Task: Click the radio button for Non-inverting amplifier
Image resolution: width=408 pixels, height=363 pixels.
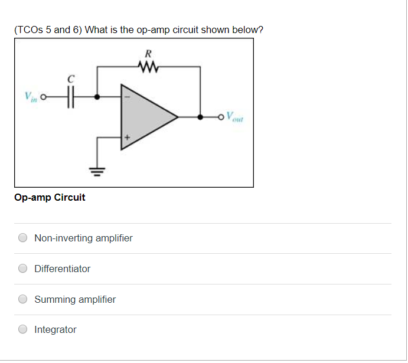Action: pyautogui.click(x=22, y=238)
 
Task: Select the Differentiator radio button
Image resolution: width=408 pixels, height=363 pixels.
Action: pyautogui.click(x=22, y=269)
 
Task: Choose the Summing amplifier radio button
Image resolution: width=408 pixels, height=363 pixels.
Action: pyautogui.click(x=22, y=299)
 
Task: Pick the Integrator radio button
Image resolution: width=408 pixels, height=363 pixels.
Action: pyautogui.click(x=22, y=329)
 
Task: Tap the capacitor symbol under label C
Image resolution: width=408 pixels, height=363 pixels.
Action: pyautogui.click(x=70, y=97)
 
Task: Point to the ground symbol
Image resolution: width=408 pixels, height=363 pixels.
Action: pyautogui.click(x=97, y=172)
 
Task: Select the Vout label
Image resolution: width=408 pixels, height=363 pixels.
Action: pyautogui.click(x=236, y=117)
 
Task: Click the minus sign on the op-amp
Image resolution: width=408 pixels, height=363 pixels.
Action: pyautogui.click(x=126, y=97)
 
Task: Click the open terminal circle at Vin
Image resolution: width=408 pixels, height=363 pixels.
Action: pyautogui.click(x=43, y=97)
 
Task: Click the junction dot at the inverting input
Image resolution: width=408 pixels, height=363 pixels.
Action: pyautogui.click(x=97, y=97)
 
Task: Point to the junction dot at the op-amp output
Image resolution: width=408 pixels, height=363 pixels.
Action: pyautogui.click(x=201, y=117)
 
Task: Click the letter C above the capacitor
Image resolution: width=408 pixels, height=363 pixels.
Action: pyautogui.click(x=71, y=79)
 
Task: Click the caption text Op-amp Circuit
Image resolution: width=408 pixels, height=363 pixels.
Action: pyautogui.click(x=50, y=198)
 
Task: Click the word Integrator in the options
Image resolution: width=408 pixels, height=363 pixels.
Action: pyautogui.click(x=56, y=329)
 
